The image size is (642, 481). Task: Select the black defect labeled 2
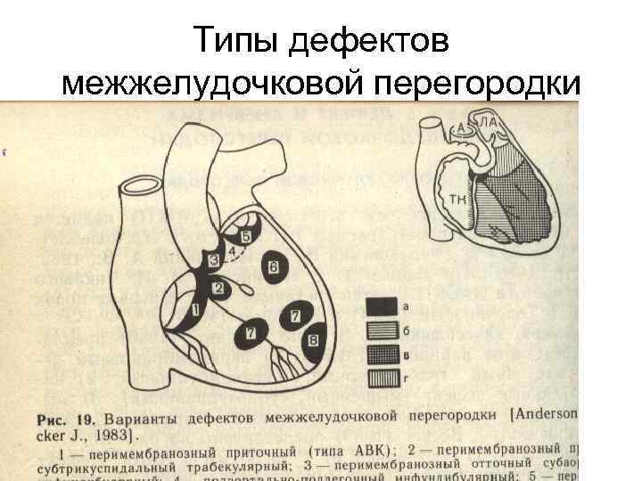217,288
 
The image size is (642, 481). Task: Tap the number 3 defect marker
213,259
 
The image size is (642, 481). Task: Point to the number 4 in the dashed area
233,252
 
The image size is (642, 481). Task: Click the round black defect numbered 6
273,266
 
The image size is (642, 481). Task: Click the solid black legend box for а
382,306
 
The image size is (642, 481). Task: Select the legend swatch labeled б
382,330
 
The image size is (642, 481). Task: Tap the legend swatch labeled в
382,355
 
